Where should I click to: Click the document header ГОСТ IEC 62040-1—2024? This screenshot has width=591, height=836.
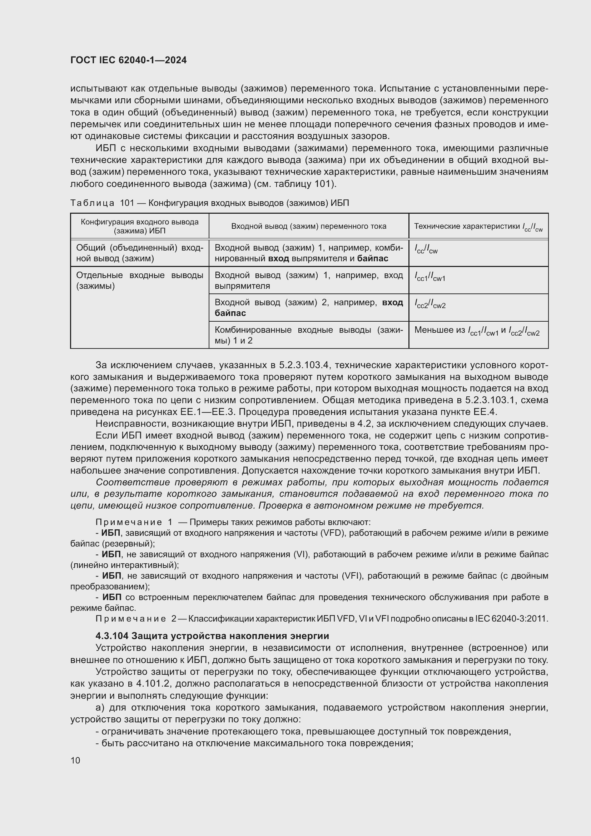coord(128,60)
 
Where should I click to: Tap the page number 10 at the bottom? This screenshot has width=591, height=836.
coord(75,760)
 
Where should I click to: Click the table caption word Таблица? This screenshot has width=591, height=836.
coord(93,203)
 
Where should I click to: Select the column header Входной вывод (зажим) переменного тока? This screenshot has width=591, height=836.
coord(309,226)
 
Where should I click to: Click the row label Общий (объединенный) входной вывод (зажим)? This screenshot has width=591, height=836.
coord(139,253)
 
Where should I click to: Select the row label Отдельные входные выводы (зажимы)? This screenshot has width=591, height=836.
coord(139,280)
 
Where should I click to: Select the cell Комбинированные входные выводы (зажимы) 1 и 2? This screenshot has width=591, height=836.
coord(309,335)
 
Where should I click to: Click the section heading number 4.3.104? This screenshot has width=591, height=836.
coord(112,636)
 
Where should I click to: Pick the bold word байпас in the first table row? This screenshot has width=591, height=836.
coord(373,258)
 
